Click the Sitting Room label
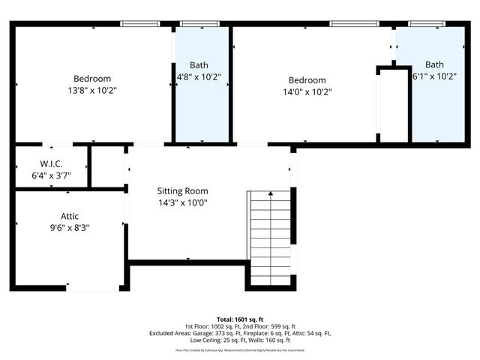point(182,191)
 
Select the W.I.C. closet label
point(50,164)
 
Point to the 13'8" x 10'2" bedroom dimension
point(92,90)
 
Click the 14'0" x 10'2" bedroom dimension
point(307,91)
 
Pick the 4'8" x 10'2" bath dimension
point(198,76)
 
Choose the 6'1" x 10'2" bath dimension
point(434,76)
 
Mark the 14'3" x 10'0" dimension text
point(182,202)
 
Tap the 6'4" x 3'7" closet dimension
point(50,175)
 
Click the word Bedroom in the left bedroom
point(92,79)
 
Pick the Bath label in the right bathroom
point(434,64)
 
